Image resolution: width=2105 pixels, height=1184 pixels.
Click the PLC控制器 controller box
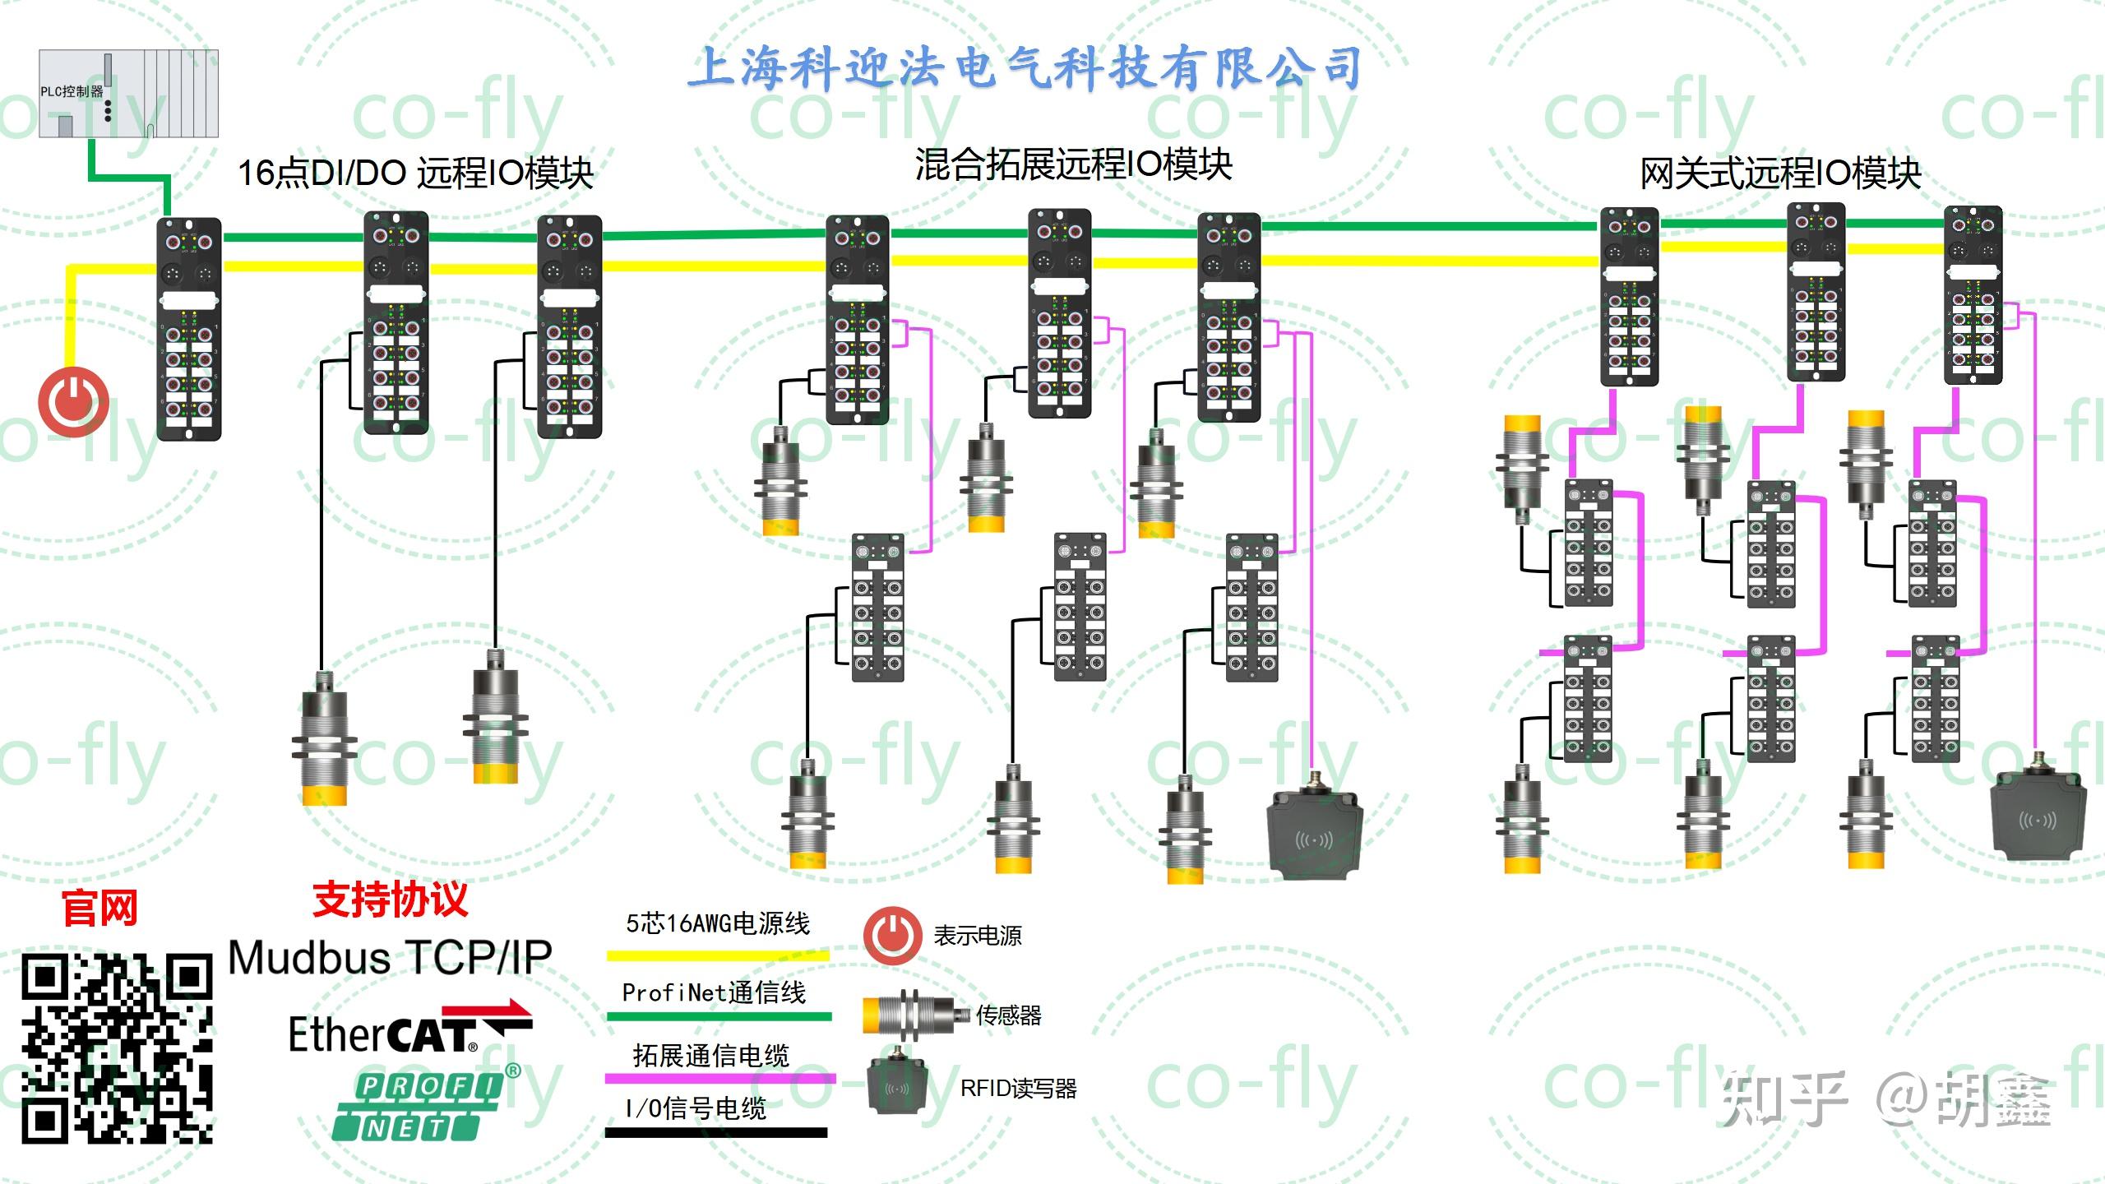(x=128, y=93)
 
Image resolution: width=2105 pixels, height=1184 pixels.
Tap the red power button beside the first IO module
(x=73, y=402)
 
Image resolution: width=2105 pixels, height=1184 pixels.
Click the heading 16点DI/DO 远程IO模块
(x=415, y=173)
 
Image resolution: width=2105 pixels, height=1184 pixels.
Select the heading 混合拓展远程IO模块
(x=1073, y=164)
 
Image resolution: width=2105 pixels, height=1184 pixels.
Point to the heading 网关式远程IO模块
(x=1779, y=173)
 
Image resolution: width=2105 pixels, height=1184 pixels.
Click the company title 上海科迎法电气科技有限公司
(x=1024, y=67)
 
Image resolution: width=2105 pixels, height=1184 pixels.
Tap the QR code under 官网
(x=117, y=1048)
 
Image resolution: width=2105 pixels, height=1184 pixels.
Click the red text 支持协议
(x=390, y=900)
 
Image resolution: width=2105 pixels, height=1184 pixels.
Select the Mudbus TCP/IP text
(x=390, y=958)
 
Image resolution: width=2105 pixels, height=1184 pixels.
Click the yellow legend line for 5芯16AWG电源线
(x=718, y=955)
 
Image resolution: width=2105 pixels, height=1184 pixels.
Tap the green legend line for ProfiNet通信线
(x=718, y=1017)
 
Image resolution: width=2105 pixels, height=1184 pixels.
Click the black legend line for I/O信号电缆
(x=716, y=1133)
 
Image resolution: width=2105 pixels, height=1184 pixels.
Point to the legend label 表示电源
(x=977, y=936)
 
